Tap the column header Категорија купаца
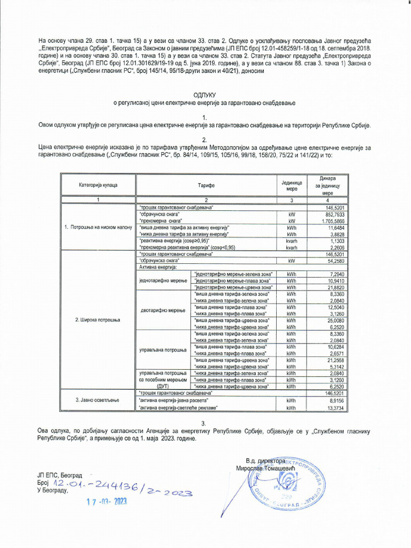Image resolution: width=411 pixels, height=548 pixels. [98, 185]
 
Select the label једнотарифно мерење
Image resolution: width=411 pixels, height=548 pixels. [163, 280]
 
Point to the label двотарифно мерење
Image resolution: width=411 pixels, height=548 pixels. [163, 310]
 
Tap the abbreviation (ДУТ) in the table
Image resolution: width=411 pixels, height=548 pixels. [163, 385]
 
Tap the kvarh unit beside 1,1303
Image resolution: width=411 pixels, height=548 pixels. [292, 241]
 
